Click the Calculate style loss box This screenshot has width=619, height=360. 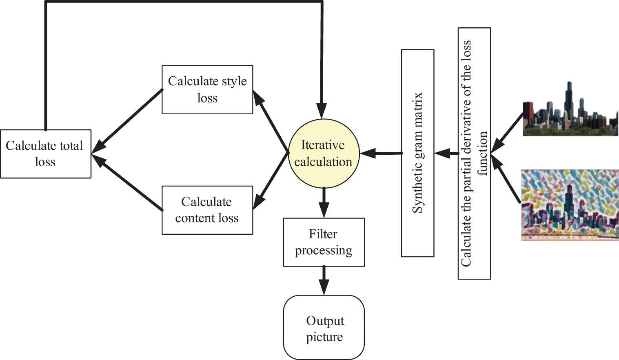point(207,89)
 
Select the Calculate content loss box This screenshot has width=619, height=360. point(207,210)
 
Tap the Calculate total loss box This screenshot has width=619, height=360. point(45,153)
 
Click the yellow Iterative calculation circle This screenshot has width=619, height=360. point(324,153)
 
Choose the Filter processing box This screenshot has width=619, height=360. point(324,242)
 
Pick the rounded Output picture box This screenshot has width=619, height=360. point(324,327)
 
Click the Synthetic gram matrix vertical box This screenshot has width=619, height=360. point(417,153)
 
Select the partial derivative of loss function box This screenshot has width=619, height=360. point(474,153)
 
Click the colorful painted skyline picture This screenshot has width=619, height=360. point(570,205)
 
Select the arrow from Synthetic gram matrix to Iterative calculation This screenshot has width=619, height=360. point(380,153)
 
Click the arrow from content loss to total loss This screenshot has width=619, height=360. point(129,183)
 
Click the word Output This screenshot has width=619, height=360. point(325,321)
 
